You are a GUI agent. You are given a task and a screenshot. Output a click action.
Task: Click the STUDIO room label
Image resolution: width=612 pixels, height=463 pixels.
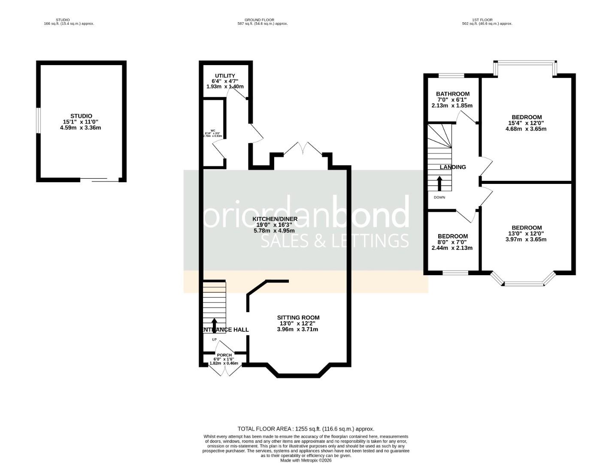pos(81,116)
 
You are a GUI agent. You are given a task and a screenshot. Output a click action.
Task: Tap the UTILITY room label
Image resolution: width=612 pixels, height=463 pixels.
pos(225,75)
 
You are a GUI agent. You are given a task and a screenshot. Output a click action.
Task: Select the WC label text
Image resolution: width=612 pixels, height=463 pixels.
pos(213,130)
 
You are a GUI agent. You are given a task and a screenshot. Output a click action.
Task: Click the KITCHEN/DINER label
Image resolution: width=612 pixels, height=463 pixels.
pos(275,219)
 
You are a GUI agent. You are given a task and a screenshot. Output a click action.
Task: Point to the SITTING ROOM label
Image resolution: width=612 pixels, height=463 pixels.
pos(298,318)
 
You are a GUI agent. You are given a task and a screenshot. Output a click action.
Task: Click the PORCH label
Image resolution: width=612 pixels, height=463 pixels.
pos(224,355)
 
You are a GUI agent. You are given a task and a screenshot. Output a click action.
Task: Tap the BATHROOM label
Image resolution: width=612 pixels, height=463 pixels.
pos(452,94)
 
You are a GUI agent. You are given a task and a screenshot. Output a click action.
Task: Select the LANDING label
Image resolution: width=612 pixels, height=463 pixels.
pos(453,167)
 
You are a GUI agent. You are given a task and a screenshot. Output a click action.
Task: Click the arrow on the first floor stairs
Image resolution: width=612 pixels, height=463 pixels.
pos(439,183)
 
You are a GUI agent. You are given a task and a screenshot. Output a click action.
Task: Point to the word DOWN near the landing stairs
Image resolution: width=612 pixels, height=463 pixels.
pos(439,198)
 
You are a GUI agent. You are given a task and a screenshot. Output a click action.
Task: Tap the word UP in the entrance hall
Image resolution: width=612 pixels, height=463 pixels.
pos(214,340)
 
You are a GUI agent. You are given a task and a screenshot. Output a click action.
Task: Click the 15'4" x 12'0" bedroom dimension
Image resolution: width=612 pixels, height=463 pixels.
pos(526,123)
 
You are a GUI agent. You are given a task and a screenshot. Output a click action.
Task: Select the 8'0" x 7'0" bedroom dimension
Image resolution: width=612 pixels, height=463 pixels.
pos(452,242)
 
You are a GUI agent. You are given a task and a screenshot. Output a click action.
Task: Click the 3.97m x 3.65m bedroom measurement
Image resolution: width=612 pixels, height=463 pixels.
pos(526,240)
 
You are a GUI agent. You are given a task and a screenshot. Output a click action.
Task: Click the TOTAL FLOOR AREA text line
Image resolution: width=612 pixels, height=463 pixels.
pos(306,429)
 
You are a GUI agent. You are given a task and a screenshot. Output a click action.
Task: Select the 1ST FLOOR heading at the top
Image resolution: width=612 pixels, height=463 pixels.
pos(482,20)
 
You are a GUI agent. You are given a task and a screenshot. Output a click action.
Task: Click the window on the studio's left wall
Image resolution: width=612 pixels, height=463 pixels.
pos(38,120)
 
